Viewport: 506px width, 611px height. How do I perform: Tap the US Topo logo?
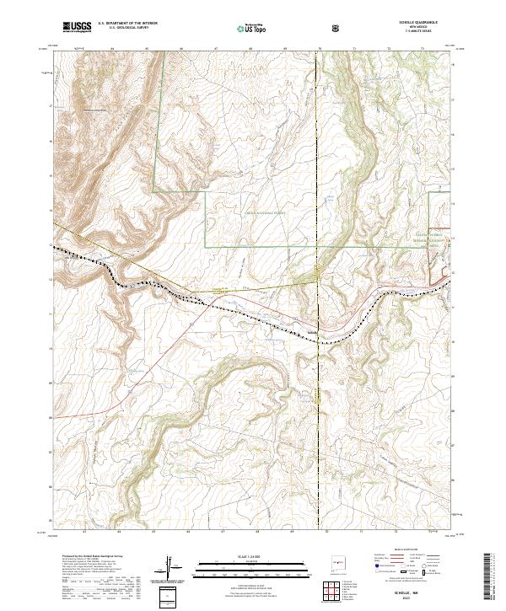pyautogui.click(x=254, y=28)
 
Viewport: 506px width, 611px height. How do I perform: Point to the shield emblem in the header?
pyautogui.click(x=336, y=28)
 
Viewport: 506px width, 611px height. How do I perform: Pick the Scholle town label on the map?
pyautogui.click(x=311, y=331)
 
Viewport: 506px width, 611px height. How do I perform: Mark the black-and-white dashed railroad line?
pyautogui.click(x=211, y=304)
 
